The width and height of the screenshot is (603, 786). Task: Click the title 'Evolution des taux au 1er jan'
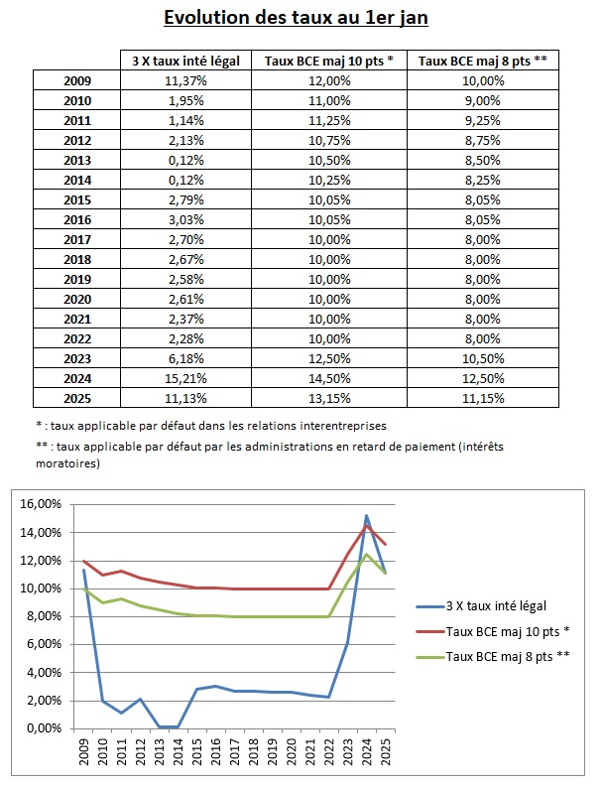click(301, 18)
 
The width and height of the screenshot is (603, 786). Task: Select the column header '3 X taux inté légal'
click(185, 61)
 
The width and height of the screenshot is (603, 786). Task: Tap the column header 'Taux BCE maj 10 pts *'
click(329, 61)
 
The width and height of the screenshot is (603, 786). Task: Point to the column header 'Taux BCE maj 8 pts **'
click(483, 61)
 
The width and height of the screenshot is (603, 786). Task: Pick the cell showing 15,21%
click(185, 377)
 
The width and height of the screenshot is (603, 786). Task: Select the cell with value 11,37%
click(185, 79)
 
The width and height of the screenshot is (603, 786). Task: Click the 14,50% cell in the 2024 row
click(329, 377)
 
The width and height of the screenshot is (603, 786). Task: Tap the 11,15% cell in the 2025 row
click(483, 397)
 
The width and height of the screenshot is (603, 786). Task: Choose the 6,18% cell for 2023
click(185, 357)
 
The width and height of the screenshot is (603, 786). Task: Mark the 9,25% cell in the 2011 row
click(483, 119)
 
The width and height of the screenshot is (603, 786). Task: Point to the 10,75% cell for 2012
click(329, 139)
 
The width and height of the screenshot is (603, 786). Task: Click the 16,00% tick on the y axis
click(43, 504)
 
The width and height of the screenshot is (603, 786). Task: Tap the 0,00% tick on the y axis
click(46, 727)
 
